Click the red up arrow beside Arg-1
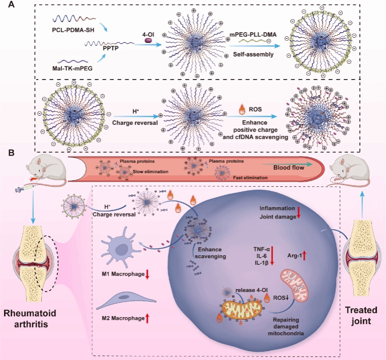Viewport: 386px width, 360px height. [x=304, y=255]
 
